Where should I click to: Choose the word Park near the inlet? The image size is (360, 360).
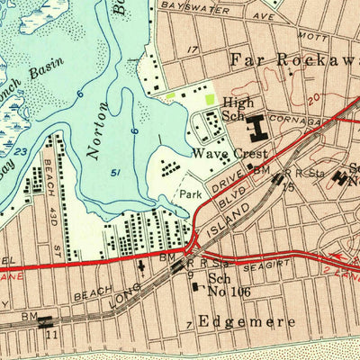191,193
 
